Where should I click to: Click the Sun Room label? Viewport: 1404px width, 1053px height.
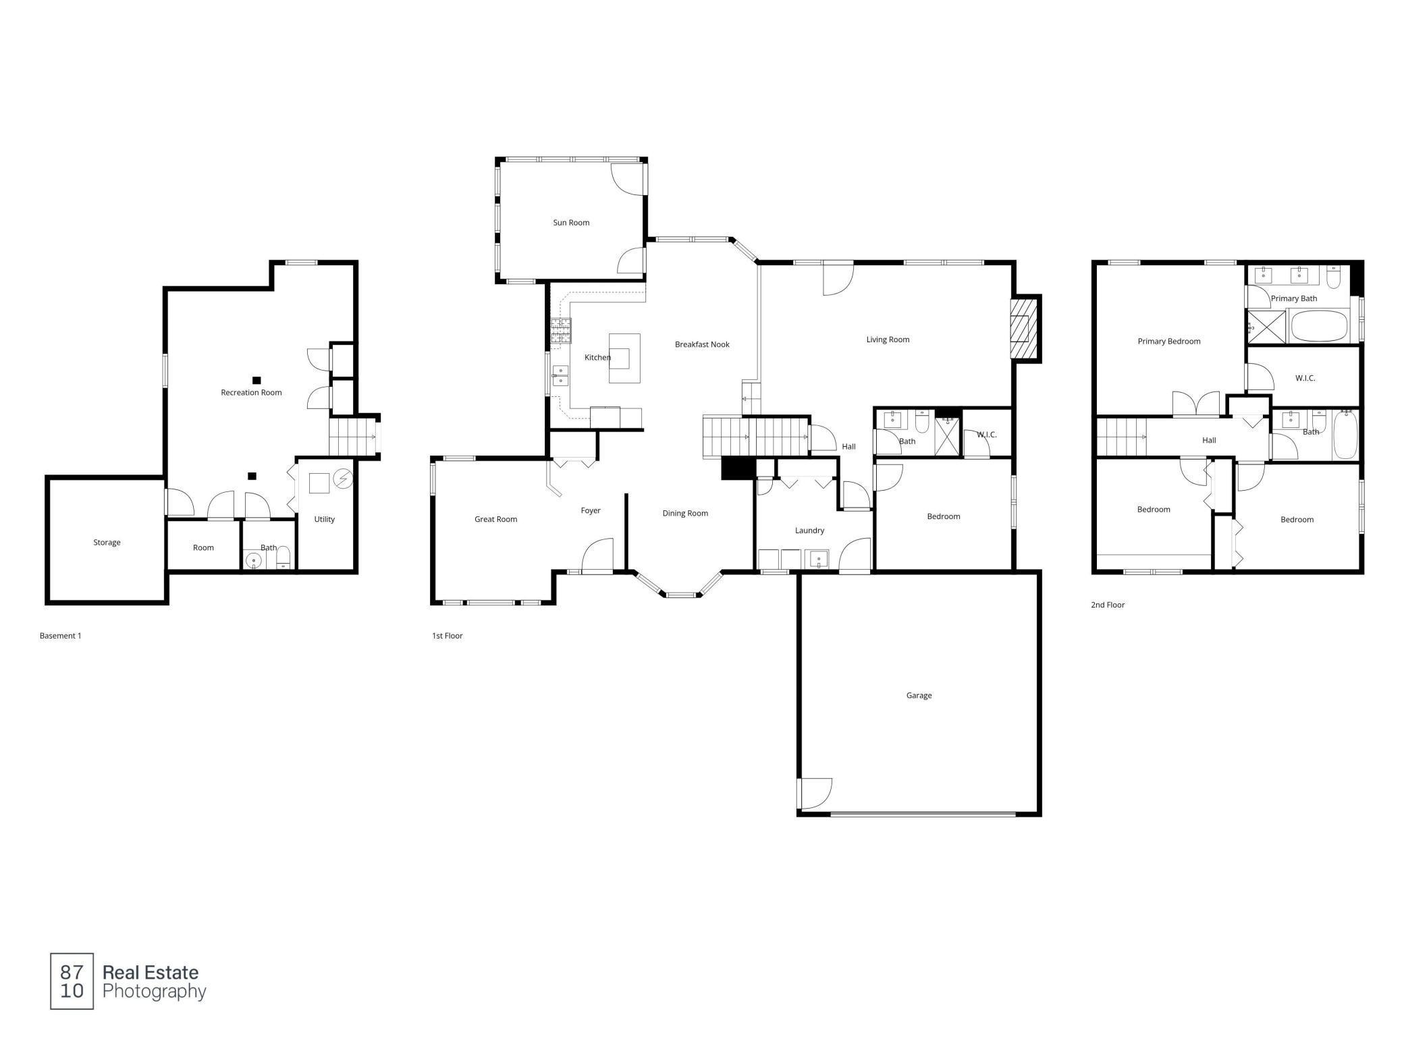tap(571, 223)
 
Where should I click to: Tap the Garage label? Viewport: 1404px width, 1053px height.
tap(919, 695)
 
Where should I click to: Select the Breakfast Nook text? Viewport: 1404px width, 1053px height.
tap(702, 344)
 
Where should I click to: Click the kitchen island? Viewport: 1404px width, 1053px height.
tap(624, 358)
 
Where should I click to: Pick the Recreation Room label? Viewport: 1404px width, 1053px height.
tap(251, 392)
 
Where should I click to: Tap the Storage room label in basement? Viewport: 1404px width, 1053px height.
tap(107, 542)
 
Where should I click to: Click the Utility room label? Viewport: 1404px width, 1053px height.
tap(325, 519)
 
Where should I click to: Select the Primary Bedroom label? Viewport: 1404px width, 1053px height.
tap(1169, 341)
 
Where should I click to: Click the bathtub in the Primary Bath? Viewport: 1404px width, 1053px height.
tap(1319, 326)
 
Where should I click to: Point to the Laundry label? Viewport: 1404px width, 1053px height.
tap(809, 531)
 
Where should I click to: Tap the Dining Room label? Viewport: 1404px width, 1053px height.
tap(685, 513)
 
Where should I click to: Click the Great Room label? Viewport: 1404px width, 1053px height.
tap(495, 519)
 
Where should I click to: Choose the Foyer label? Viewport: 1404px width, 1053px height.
tap(591, 510)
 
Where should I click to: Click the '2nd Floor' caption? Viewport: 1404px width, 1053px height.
tap(1108, 605)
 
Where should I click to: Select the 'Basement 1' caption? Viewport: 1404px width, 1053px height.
tap(60, 636)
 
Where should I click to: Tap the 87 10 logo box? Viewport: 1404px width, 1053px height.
tap(72, 981)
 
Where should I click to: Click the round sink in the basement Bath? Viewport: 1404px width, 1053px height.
tap(254, 560)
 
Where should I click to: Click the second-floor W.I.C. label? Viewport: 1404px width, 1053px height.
tap(1305, 378)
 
